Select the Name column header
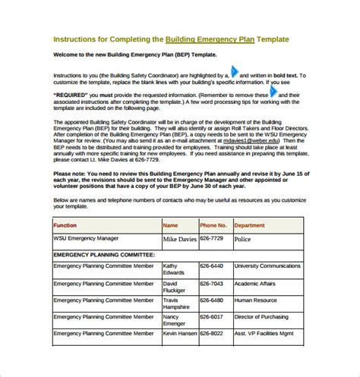coord(171,225)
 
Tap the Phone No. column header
coord(213,225)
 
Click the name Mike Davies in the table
coord(179,239)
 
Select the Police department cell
coord(244,239)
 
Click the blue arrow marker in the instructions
coord(235,75)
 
